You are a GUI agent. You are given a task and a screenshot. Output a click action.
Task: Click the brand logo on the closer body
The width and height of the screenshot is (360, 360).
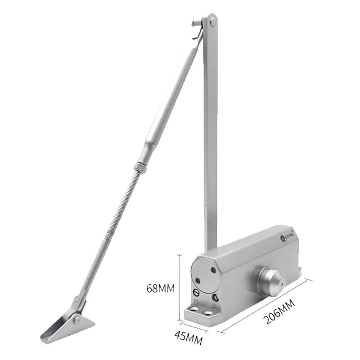pyautogui.click(x=286, y=236)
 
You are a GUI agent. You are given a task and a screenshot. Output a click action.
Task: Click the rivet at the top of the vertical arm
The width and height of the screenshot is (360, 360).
pyautogui.click(x=211, y=20)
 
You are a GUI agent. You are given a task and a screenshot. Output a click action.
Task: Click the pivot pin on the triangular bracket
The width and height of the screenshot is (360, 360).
pyautogui.click(x=77, y=320)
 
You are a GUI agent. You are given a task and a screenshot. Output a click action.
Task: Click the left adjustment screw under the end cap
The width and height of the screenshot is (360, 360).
pyautogui.click(x=196, y=293)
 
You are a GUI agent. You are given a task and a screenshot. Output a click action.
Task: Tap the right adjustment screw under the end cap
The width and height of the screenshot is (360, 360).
pyautogui.click(x=216, y=297)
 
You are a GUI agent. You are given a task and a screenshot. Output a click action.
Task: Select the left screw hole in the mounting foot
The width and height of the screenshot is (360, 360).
pyautogui.click(x=194, y=310)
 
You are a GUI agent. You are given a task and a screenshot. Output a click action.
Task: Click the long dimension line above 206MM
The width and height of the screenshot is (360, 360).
pyautogui.click(x=265, y=306)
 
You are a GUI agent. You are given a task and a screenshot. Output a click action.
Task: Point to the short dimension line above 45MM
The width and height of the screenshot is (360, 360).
pyautogui.click(x=194, y=327)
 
